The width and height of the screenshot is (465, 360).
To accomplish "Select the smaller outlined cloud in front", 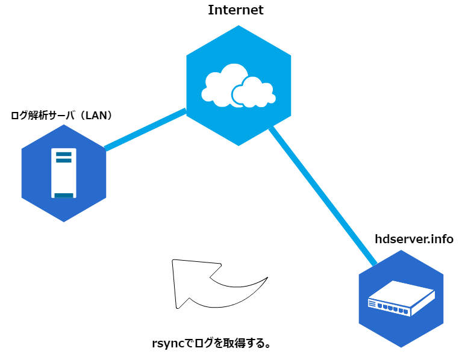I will coord(253,93).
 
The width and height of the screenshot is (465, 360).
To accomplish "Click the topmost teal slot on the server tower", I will coord(64,155).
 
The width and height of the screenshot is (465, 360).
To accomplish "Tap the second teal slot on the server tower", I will coord(64,161).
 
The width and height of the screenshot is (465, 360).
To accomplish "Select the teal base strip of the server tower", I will coord(64,195).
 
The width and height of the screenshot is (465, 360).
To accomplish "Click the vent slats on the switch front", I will coord(372,303).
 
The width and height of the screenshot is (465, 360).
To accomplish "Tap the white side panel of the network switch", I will coord(423,302).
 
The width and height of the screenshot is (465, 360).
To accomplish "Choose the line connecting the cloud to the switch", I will coord(322,196).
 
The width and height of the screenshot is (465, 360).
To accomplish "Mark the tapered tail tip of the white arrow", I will coord(264,280).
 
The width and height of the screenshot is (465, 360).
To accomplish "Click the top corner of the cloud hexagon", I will coord(239,26).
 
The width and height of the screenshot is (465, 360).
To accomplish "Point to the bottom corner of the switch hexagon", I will coord(401,347).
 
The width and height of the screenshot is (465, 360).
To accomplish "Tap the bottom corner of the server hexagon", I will coord(64,221).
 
